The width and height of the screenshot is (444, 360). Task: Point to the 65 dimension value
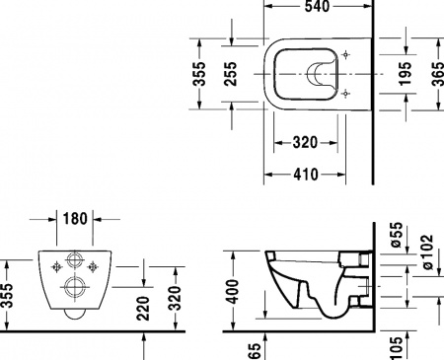pyautogui.click(x=256, y=347)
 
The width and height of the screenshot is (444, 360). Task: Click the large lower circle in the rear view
pyautogui.click(x=74, y=287)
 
